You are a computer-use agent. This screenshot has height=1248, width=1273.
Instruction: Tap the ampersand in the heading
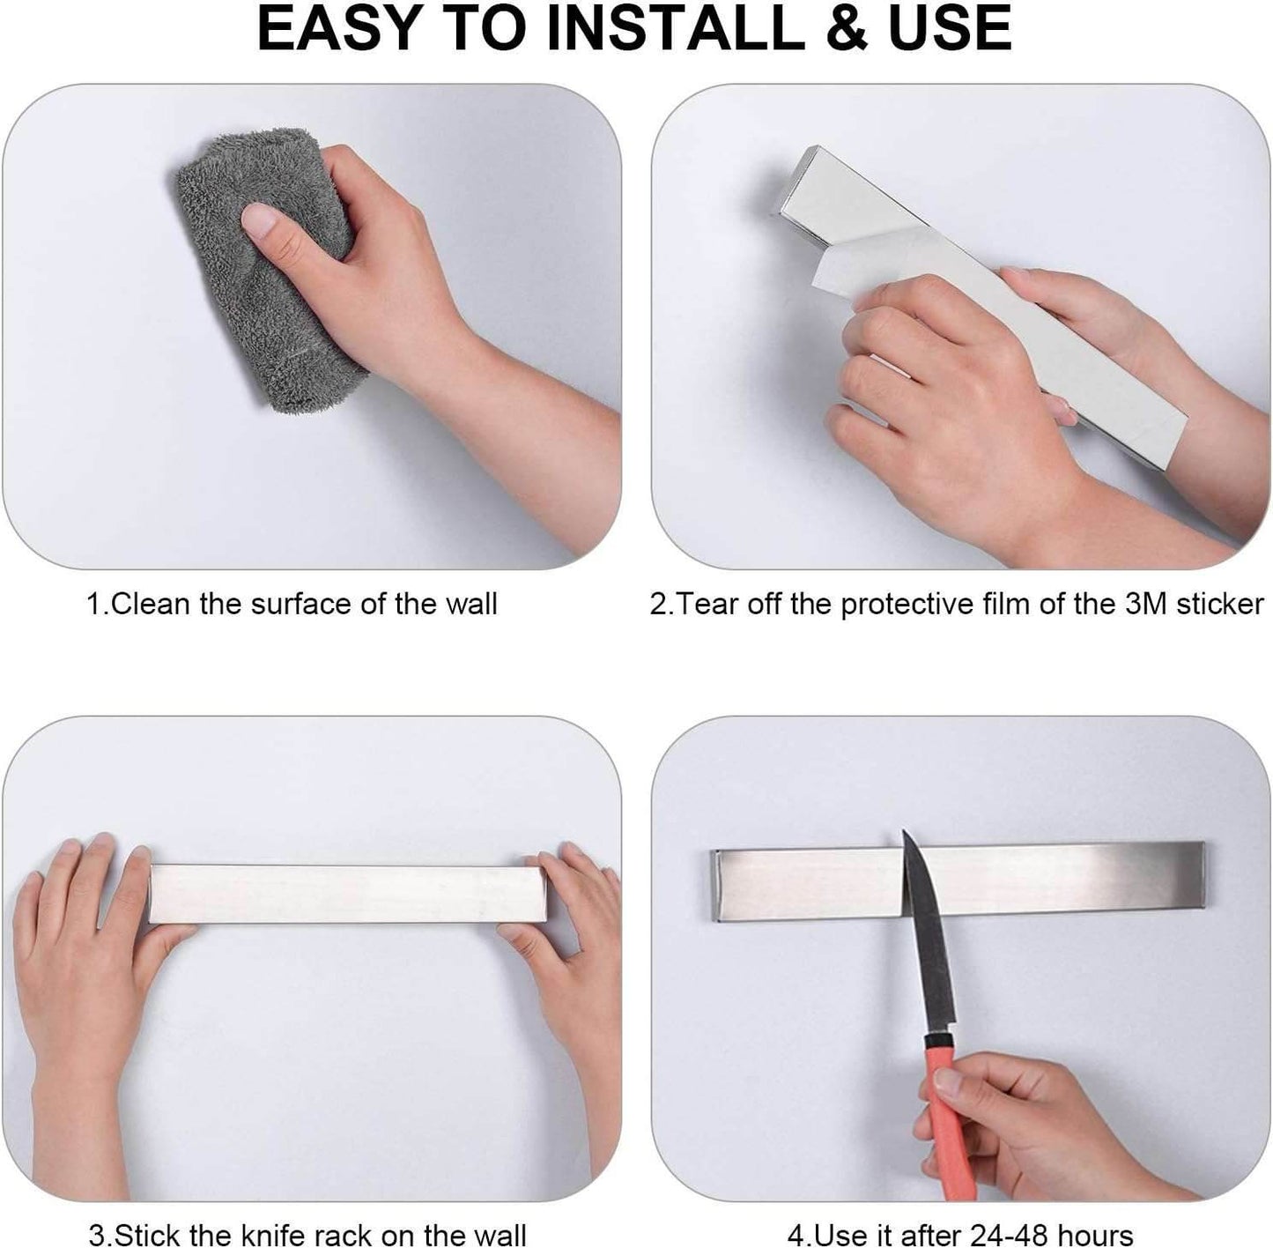click(846, 28)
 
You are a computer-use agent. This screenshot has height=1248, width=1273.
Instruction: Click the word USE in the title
click(950, 28)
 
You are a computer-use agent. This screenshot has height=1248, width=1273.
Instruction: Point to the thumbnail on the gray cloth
click(260, 220)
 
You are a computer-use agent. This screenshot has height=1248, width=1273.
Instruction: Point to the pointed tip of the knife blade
click(905, 832)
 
